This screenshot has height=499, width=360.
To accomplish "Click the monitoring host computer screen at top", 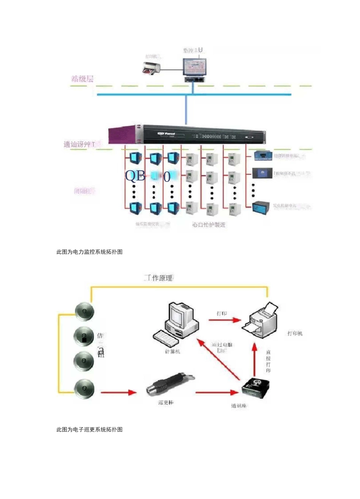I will tap(195, 67).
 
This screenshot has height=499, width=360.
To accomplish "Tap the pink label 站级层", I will tap(82, 79).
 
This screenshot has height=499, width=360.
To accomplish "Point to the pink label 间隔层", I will tap(84, 191).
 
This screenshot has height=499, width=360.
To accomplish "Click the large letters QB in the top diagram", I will tap(135, 176).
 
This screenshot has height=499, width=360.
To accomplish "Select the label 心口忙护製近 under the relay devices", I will tap(209, 225).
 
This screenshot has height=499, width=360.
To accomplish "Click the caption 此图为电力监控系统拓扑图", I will tap(89, 252).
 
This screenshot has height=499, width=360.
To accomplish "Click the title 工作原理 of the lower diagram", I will tap(158, 278).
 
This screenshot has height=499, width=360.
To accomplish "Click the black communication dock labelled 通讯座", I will tap(256, 388).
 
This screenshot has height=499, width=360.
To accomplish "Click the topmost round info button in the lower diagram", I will tap(84, 312).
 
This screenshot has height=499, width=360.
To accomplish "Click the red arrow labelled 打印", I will tap(225, 320).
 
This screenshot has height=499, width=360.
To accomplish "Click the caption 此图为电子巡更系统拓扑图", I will tap(89, 429).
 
